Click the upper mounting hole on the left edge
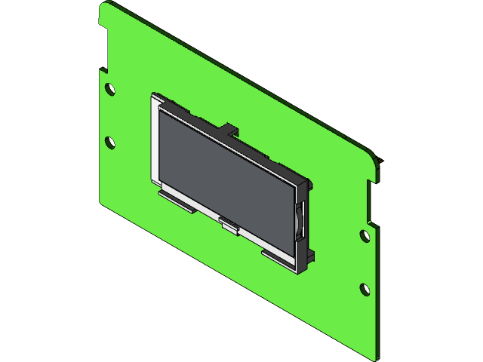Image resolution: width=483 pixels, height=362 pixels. point(110,88)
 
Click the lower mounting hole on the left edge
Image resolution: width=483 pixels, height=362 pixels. point(110,141)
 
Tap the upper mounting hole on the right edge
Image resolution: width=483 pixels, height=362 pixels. point(365,236)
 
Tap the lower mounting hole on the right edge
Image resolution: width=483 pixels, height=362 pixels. point(365,289)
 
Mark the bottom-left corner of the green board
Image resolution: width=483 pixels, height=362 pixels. point(103,201)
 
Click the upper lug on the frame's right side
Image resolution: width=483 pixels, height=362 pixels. point(309,184)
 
